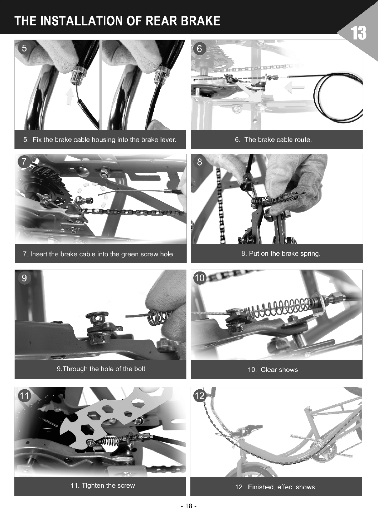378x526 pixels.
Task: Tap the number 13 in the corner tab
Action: point(359,33)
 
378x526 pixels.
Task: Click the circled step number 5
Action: point(24,48)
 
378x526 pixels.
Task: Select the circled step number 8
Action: point(200,162)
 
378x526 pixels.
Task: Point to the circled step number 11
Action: point(24,396)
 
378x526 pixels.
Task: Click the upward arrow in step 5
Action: point(70,96)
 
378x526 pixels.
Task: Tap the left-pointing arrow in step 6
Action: point(294,88)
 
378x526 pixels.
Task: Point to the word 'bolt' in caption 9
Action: point(140,369)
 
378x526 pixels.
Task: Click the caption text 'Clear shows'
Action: point(279,370)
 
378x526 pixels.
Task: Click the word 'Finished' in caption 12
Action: point(261,487)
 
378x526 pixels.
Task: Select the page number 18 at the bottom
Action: point(189,506)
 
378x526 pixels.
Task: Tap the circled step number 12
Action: point(200,396)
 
